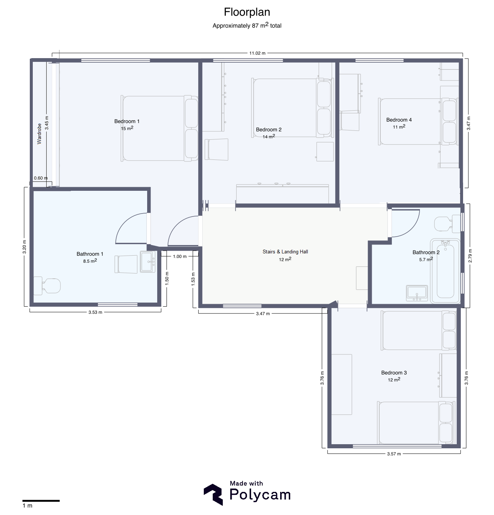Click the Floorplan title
pyautogui.click(x=247, y=12)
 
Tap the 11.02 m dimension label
pyautogui.click(x=257, y=53)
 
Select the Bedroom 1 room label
pyautogui.click(x=127, y=121)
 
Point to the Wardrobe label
pyautogui.click(x=39, y=134)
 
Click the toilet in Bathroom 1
pyautogui.click(x=47, y=286)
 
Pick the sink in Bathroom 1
pyautogui.click(x=148, y=262)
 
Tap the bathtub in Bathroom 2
pyautogui.click(x=445, y=271)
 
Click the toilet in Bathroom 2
pyautogui.click(x=447, y=224)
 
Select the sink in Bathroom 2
pyautogui.click(x=417, y=293)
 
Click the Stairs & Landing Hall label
pyautogui.click(x=285, y=252)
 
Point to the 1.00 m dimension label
pyautogui.click(x=180, y=256)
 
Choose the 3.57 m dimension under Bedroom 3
pyautogui.click(x=394, y=454)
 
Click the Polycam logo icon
pyautogui.click(x=213, y=495)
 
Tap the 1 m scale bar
pyautogui.click(x=41, y=501)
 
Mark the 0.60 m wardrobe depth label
pyautogui.click(x=41, y=178)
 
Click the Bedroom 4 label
pyautogui.click(x=399, y=120)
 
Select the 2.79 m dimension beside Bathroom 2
pyautogui.click(x=470, y=256)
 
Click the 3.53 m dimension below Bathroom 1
pyautogui.click(x=95, y=312)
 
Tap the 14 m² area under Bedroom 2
pyautogui.click(x=269, y=136)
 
